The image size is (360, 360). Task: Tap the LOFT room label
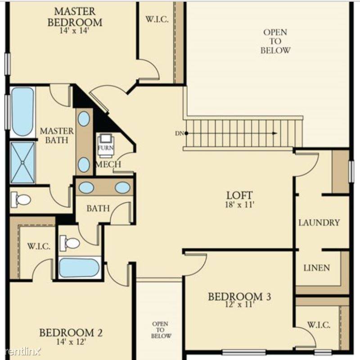click(239, 195)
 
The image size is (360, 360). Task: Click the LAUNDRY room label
click(319, 223)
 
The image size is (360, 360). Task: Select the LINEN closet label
click(316, 268)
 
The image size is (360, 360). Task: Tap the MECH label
click(108, 164)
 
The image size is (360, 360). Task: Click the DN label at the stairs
click(179, 133)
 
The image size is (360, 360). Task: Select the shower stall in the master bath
click(22, 163)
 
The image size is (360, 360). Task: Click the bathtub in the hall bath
click(79, 268)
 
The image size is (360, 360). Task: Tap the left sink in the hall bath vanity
click(87, 187)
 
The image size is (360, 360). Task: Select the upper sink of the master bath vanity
click(84, 119)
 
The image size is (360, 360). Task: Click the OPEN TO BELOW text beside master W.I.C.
click(275, 41)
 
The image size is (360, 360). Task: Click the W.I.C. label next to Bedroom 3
click(319, 324)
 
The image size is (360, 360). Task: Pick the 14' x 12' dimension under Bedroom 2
click(71, 342)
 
